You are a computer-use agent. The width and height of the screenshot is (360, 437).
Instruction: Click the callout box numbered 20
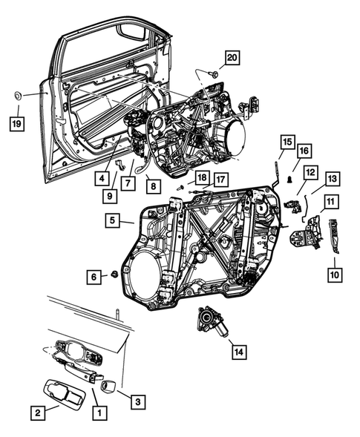(x=232, y=57)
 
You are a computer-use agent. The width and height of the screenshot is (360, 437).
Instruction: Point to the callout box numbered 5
(x=111, y=220)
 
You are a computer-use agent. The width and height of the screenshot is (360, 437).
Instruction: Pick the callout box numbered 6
(x=94, y=276)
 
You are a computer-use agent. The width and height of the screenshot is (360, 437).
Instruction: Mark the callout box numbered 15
(x=287, y=141)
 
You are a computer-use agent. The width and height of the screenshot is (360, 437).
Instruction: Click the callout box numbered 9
(x=108, y=197)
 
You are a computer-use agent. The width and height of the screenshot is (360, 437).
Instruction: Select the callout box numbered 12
(x=310, y=173)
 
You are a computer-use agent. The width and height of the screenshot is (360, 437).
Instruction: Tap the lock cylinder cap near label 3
(x=106, y=386)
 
